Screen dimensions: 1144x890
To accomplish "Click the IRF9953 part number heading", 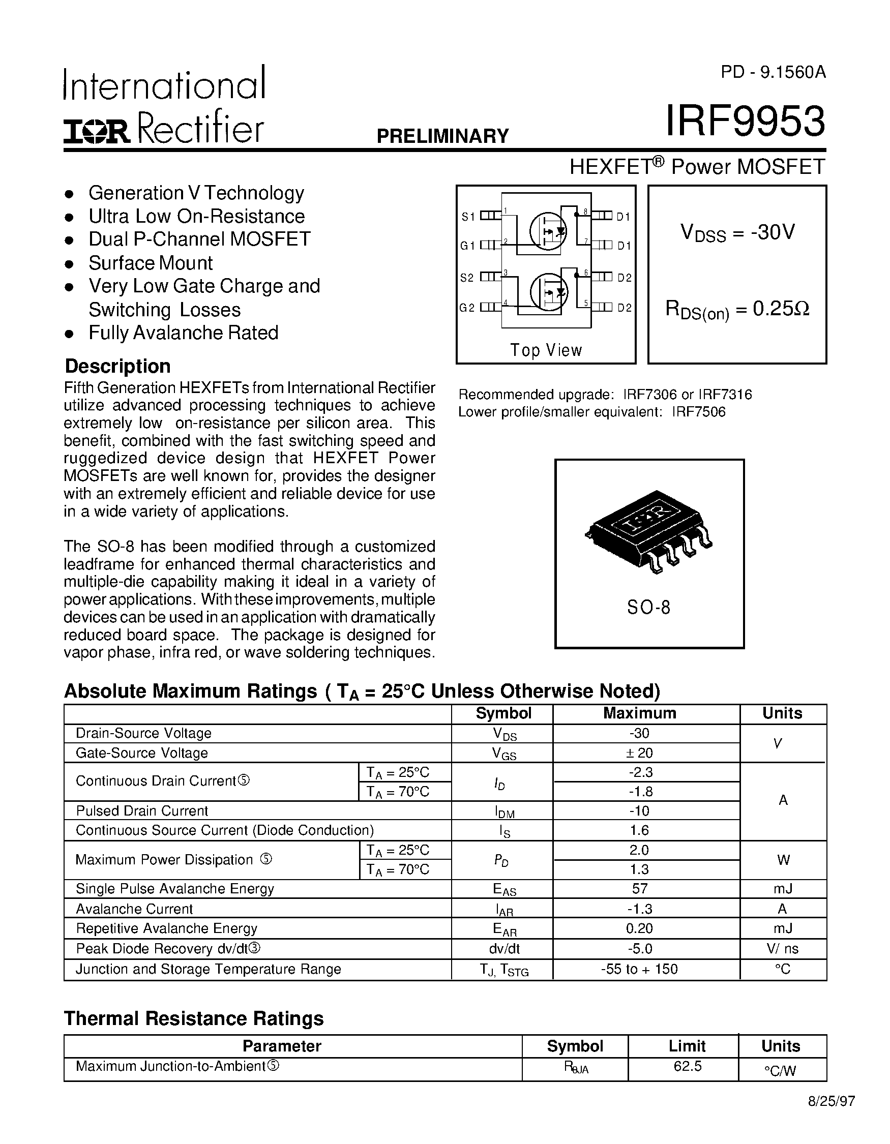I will [745, 122].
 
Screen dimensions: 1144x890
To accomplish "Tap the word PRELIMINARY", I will [442, 136].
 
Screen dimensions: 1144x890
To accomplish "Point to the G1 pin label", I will [467, 246].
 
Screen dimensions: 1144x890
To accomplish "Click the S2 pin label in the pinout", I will [467, 278].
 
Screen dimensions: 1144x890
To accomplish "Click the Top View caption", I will [546, 350].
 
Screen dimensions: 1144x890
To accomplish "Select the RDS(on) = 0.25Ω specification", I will [737, 310].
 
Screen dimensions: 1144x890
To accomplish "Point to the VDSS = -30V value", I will [737, 232].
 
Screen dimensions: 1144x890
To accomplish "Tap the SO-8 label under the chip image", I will [648, 608].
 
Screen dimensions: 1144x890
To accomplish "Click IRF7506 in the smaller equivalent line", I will [699, 412].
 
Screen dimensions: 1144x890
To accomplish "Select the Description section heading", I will [117, 366].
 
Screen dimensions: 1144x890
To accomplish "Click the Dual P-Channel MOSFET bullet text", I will [199, 239].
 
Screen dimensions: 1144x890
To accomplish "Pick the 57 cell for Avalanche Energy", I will [640, 888].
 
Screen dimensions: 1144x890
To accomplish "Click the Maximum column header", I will [640, 713].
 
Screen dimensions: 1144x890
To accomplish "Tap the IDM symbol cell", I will [504, 811].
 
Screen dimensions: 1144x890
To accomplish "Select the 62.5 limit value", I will [687, 1066].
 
